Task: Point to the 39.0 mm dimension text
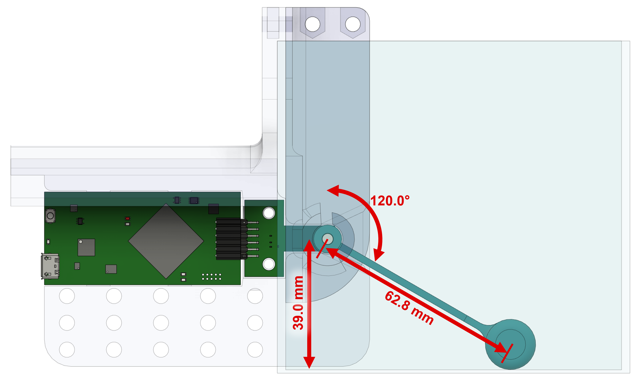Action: click(x=298, y=303)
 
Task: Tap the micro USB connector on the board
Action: click(x=50, y=266)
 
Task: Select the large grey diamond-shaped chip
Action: click(x=166, y=241)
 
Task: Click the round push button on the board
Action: click(x=50, y=216)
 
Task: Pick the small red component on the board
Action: click(x=127, y=218)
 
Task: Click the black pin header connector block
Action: click(x=229, y=239)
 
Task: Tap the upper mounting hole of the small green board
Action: click(x=269, y=213)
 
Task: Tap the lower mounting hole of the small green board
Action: click(x=269, y=264)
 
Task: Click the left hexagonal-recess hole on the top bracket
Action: click(x=312, y=24)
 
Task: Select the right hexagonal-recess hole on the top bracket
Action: click(x=353, y=24)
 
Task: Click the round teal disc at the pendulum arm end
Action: click(x=510, y=344)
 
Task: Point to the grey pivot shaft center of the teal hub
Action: click(x=328, y=238)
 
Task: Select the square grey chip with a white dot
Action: click(x=86, y=247)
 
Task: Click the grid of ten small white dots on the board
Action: click(x=212, y=277)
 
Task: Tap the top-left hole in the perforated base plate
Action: click(x=67, y=296)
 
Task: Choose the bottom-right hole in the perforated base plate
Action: click(x=255, y=349)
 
